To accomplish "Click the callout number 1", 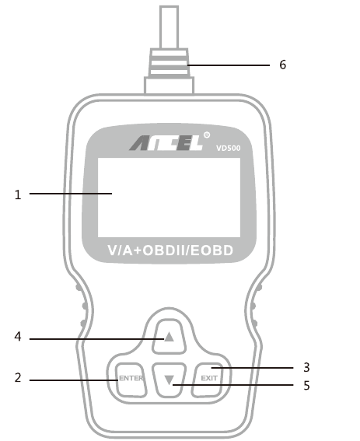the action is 18,194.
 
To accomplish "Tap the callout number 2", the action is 18,378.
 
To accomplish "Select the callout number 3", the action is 306,367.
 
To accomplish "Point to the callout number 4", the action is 18,336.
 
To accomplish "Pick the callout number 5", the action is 306,385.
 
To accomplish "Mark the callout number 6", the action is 283,65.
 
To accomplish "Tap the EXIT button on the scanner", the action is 208,379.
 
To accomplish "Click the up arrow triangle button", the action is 169,336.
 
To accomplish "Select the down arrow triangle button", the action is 169,380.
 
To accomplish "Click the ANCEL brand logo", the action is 166,142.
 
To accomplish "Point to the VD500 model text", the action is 229,149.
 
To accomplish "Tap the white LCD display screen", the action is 169,198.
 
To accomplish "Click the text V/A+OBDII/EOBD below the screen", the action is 170,250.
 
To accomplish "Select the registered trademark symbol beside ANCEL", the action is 207,135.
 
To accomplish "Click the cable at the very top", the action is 169,27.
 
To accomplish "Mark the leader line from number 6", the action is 229,65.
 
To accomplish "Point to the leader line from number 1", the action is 71,194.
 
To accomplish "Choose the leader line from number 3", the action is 252,368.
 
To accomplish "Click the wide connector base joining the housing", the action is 169,86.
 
